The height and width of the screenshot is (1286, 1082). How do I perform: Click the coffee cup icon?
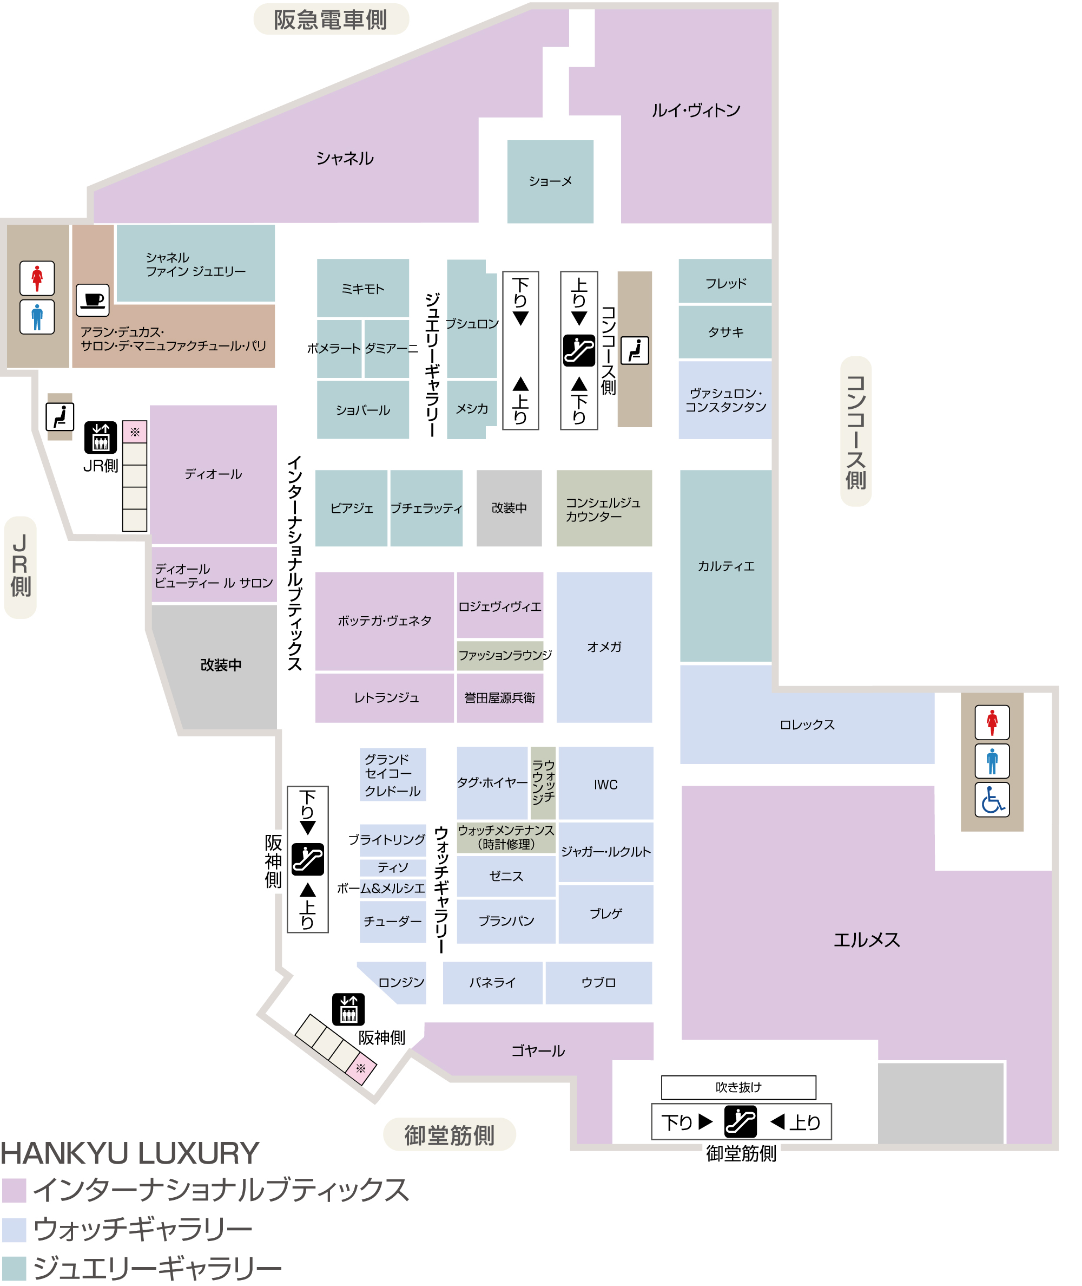(93, 300)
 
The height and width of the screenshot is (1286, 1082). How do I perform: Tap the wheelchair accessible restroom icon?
(992, 799)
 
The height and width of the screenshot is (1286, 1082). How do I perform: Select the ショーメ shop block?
(550, 182)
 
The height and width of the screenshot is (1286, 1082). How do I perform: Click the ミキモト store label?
(362, 289)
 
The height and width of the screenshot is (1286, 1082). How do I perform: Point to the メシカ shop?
(471, 409)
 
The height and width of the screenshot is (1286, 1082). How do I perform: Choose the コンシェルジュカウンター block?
(604, 508)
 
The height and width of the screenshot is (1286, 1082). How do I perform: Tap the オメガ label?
(604, 647)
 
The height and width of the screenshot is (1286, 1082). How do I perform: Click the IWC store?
(605, 784)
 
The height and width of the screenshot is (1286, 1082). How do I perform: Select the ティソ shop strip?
(393, 867)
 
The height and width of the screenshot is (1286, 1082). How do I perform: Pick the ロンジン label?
(401, 982)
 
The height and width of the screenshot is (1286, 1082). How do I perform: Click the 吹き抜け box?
(738, 1087)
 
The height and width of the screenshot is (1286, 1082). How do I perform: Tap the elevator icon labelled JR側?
(101, 438)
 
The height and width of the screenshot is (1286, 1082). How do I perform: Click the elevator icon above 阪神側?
(348, 1009)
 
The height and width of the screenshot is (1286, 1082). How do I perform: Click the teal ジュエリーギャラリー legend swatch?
(14, 1268)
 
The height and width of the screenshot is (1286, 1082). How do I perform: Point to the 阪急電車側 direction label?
(331, 19)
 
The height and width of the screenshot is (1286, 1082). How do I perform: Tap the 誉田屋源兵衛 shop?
(500, 698)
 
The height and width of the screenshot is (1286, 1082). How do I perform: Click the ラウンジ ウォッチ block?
(543, 782)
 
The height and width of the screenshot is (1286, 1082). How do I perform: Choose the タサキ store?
(725, 332)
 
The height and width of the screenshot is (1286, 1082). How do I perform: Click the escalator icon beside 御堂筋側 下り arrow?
(740, 1121)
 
